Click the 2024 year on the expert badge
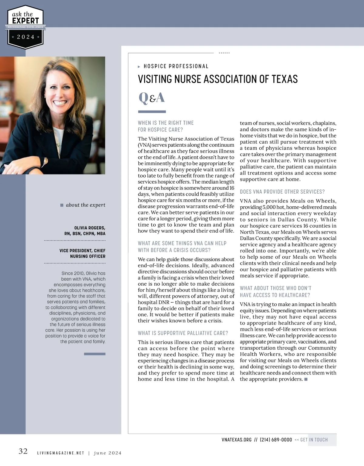25,37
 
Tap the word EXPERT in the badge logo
25,21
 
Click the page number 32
23,451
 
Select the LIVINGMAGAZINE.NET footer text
60,453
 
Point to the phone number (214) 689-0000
276,440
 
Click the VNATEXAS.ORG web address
237,440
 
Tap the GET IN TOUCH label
314,440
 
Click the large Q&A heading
152,98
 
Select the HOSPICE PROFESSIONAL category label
176,66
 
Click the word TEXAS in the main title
285,79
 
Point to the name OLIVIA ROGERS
90,228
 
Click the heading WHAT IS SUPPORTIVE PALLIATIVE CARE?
183,333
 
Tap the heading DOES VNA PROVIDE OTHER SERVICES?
282,192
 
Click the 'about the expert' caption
86,205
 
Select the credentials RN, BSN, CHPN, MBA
85,234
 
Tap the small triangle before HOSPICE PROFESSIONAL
139,67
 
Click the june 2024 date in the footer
108,453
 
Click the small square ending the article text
306,379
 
